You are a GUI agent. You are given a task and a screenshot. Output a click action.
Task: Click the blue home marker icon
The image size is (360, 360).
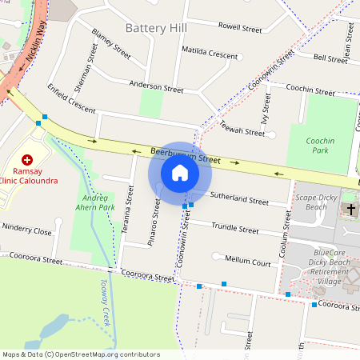(x=180, y=173)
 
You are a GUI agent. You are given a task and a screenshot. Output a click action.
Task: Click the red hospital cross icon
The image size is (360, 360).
(x=28, y=160)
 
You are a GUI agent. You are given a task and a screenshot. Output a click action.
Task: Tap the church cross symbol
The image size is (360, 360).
(x=350, y=209)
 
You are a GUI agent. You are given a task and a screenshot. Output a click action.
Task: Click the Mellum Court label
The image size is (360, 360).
(x=248, y=261)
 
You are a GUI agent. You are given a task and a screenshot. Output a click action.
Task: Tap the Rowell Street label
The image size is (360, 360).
(x=240, y=28)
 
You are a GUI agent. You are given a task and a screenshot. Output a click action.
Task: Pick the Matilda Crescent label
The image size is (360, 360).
(x=210, y=53)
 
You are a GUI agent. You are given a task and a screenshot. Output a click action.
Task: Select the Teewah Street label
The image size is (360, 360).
(x=242, y=130)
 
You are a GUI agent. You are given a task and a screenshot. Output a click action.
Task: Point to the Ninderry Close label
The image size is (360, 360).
(x=26, y=231)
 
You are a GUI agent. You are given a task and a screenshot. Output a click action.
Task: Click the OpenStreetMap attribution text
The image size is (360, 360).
(x=81, y=354)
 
